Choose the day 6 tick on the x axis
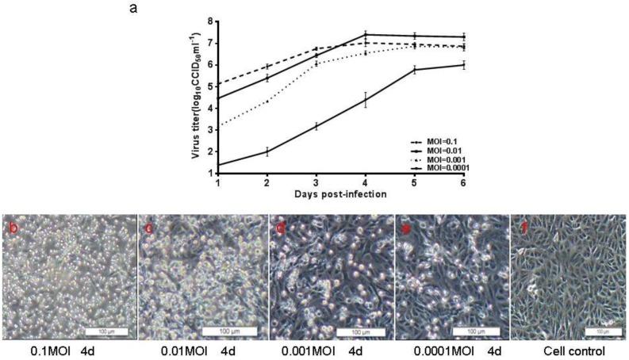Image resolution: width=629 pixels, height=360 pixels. click(x=464, y=182)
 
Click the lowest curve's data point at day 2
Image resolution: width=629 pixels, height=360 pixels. click(x=267, y=151)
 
